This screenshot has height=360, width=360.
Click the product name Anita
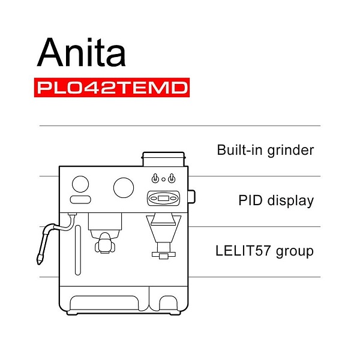[81, 52]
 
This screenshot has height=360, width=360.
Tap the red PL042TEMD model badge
[112, 88]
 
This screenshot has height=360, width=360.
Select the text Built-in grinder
[265, 151]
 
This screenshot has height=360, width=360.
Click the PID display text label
[276, 200]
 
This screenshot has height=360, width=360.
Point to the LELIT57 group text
[265, 251]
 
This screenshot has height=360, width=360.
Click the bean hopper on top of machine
[163, 159]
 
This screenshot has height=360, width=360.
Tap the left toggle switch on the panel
[155, 178]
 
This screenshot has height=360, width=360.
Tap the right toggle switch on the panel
[172, 178]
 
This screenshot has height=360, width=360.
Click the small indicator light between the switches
[163, 179]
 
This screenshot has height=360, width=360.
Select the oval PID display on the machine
[163, 198]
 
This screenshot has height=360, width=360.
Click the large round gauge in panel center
[124, 188]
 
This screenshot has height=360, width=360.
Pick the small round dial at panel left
[80, 184]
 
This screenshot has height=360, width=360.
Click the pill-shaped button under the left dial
[80, 200]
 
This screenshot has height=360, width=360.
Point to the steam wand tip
[39, 260]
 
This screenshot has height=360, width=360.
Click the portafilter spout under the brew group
[105, 244]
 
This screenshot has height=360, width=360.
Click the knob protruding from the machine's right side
[192, 197]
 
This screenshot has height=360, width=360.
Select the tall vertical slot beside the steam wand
[78, 250]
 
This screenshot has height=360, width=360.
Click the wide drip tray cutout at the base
[104, 303]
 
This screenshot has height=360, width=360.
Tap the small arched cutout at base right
[169, 303]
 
